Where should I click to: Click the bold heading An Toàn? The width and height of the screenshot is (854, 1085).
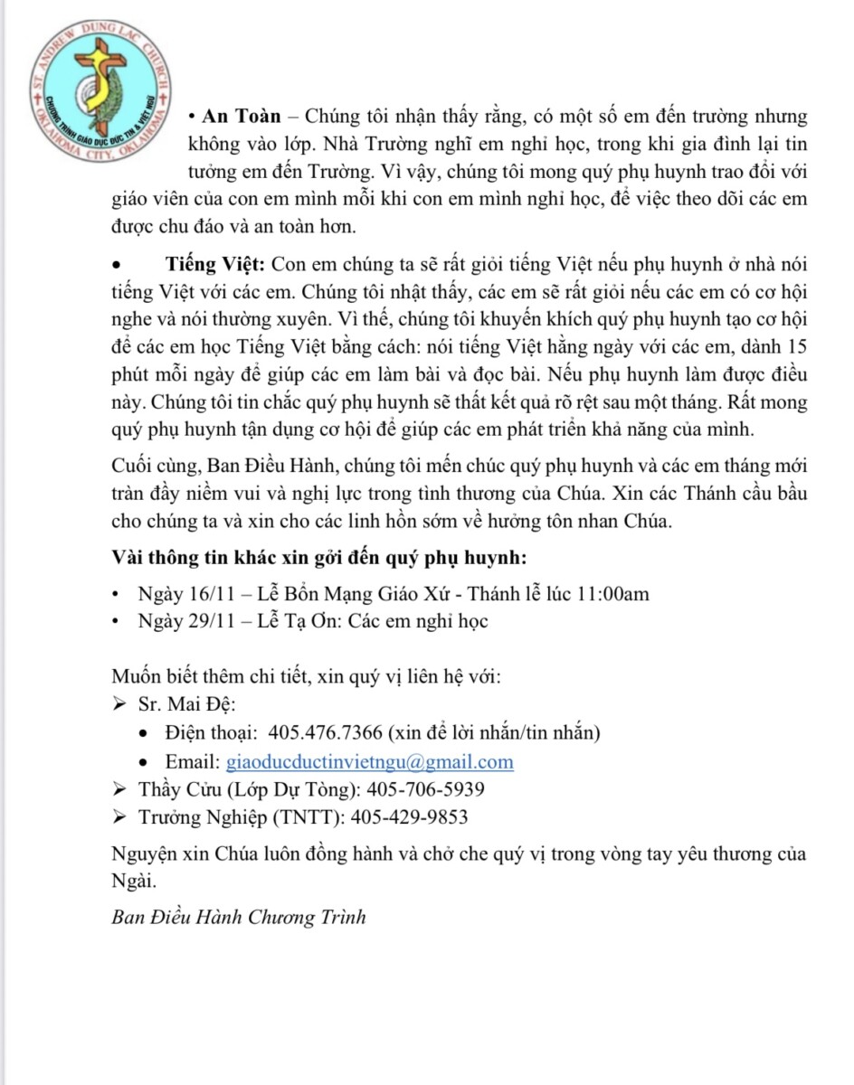pos(242,118)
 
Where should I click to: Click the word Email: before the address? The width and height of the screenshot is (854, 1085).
pos(193,761)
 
